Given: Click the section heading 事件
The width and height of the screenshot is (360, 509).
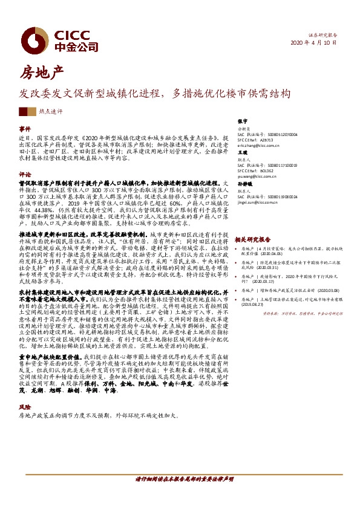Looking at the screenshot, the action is tap(25, 129).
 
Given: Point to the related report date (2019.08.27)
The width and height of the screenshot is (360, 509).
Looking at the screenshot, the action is tap(255, 305).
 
